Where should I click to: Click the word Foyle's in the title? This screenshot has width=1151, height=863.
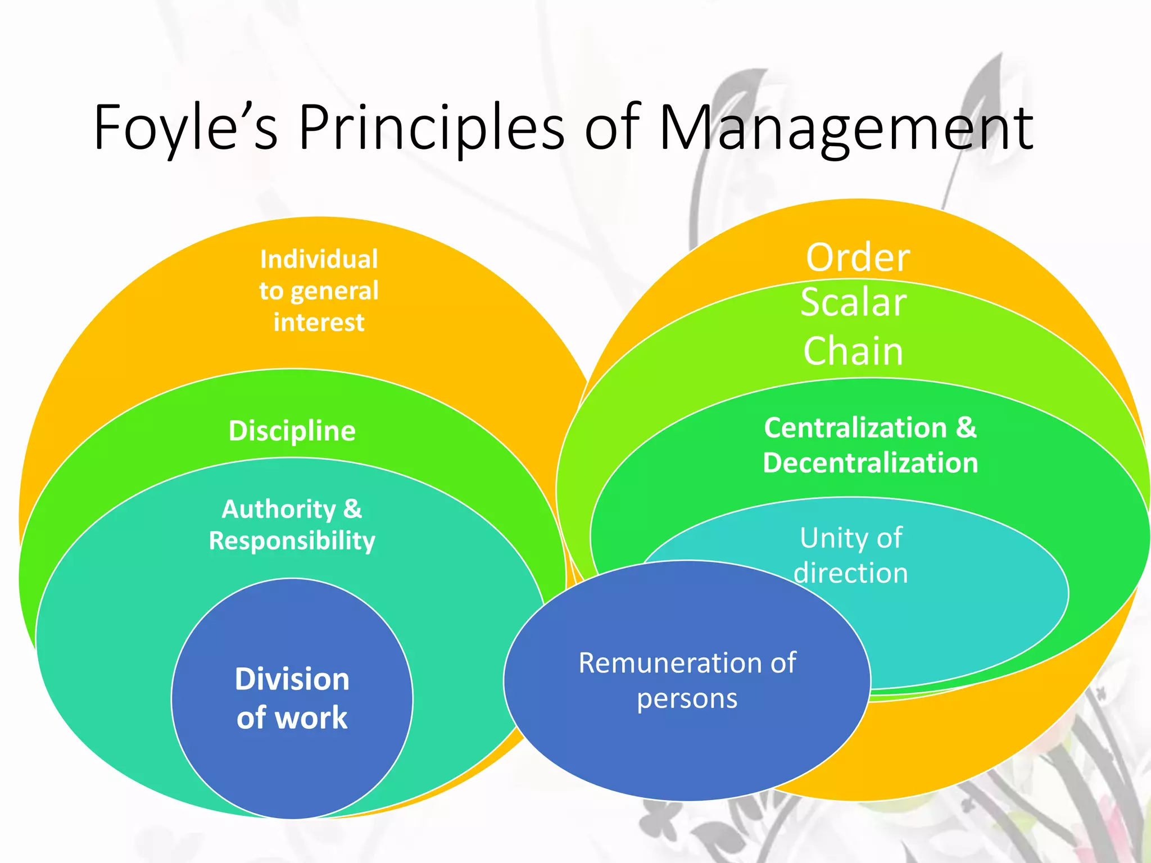click(x=185, y=128)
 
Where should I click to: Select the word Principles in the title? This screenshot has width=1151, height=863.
click(x=431, y=128)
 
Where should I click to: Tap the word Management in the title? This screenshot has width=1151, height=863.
click(x=846, y=128)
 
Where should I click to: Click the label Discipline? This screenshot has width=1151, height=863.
click(x=292, y=431)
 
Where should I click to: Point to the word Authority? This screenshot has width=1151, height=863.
click(x=279, y=509)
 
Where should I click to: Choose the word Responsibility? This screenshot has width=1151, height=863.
click(x=292, y=540)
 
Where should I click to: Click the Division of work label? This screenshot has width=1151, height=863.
click(x=292, y=698)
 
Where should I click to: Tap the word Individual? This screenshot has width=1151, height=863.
click(x=319, y=260)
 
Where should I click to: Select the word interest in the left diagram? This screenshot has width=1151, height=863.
click(x=319, y=323)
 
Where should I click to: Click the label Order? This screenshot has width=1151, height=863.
click(x=858, y=258)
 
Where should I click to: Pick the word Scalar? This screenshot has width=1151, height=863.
click(x=854, y=302)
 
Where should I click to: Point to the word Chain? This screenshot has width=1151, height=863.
click(x=853, y=351)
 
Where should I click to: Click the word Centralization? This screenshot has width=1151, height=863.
click(x=855, y=428)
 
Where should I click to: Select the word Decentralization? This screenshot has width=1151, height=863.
click(x=871, y=463)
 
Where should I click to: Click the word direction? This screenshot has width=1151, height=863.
click(x=851, y=573)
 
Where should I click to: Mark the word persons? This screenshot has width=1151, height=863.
click(x=687, y=698)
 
